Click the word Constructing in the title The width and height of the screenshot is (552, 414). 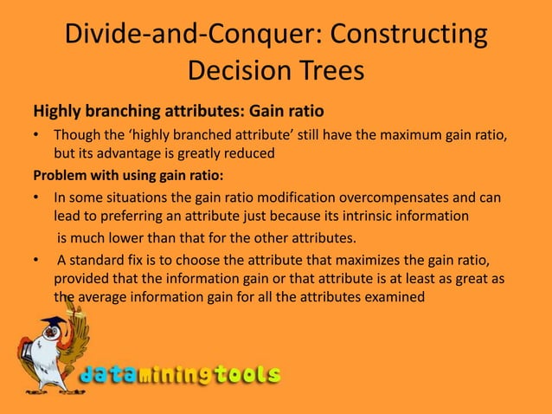[x=404, y=36]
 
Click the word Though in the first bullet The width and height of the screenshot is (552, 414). [x=76, y=136]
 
